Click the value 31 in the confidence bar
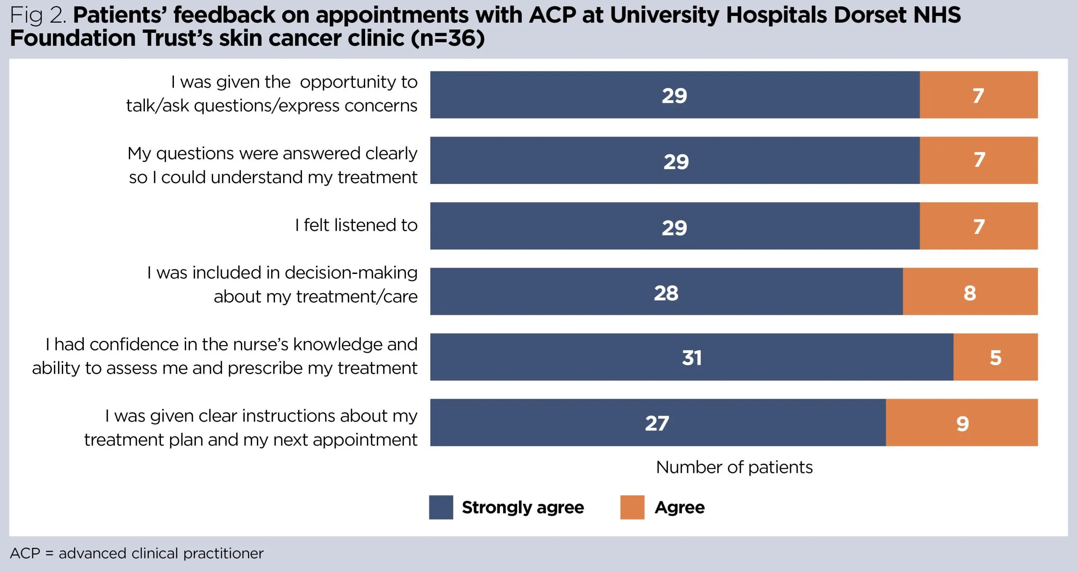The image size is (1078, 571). (x=691, y=358)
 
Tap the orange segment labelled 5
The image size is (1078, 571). (x=995, y=357)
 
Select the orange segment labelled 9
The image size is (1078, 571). (x=962, y=423)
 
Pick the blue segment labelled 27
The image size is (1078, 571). (x=657, y=423)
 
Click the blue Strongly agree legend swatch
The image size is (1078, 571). (x=441, y=507)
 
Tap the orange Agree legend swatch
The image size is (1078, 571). (x=632, y=507)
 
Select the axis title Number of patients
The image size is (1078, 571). (x=734, y=467)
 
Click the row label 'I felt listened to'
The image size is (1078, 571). (x=356, y=225)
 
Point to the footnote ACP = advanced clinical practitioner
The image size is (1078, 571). (x=136, y=553)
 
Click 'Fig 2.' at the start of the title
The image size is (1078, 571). (x=38, y=15)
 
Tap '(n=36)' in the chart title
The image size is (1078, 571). (x=448, y=38)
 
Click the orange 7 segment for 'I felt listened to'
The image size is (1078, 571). (x=979, y=226)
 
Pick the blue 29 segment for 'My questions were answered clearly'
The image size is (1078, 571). (x=675, y=161)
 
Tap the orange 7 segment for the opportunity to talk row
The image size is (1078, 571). (x=978, y=95)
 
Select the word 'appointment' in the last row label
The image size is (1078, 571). (x=365, y=440)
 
